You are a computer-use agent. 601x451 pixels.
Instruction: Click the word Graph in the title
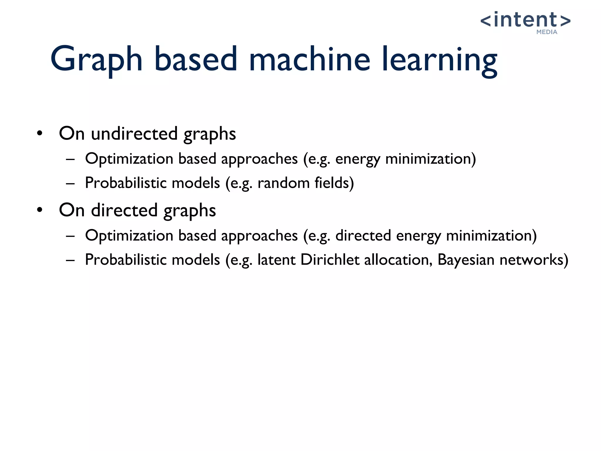[96, 60]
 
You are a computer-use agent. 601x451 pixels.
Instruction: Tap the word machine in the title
[309, 60]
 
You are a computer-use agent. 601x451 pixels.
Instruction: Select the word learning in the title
[439, 60]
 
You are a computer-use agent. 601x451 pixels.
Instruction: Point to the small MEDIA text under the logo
[547, 32]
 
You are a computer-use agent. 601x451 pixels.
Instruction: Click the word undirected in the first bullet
[134, 134]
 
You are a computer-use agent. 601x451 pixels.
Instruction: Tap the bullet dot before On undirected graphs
[40, 134]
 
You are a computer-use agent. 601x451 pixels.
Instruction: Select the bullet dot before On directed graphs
[40, 210]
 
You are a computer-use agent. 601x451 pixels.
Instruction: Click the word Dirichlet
[330, 260]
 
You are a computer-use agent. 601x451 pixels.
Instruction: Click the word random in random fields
[283, 183]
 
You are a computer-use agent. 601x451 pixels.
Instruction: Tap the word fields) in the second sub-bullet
[334, 183]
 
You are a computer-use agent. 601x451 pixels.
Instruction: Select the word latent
[276, 260]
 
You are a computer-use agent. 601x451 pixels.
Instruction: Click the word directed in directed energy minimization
[363, 235]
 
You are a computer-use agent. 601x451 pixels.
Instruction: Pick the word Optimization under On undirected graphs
[129, 159]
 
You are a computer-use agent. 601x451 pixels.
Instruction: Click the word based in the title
[195, 60]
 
